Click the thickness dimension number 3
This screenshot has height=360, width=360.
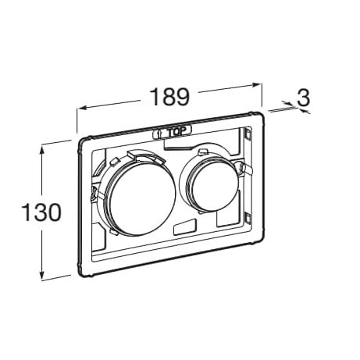click(x=304, y=98)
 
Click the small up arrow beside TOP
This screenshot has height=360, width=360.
click(x=161, y=134)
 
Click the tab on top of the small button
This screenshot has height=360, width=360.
click(x=202, y=151)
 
